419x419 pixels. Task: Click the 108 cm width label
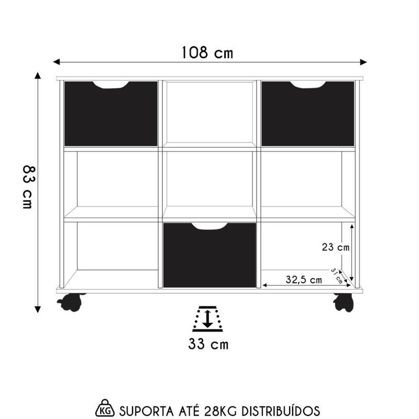click(x=207, y=52)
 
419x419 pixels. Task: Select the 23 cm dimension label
click(x=336, y=247)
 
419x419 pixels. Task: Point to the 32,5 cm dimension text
click(x=304, y=280)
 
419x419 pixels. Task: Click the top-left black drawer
click(x=111, y=116)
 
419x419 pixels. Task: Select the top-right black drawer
click(x=308, y=116)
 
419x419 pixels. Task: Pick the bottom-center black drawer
click(x=210, y=258)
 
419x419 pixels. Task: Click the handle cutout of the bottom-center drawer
click(x=210, y=226)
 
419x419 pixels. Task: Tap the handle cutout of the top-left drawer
click(x=111, y=84)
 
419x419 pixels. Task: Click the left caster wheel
click(x=71, y=302)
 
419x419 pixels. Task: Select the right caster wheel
click(x=344, y=302)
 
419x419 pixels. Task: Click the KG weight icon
click(x=105, y=407)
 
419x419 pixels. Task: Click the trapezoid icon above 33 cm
click(x=208, y=318)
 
